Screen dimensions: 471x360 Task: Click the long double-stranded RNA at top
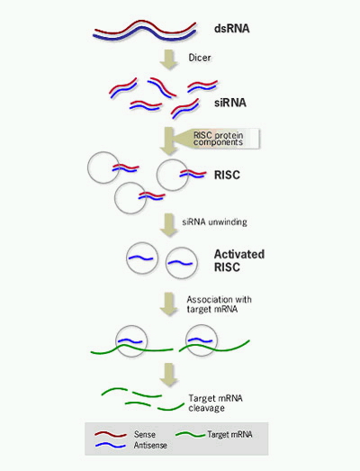coord(144,31)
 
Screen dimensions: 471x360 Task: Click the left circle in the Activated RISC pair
coord(138,260)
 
